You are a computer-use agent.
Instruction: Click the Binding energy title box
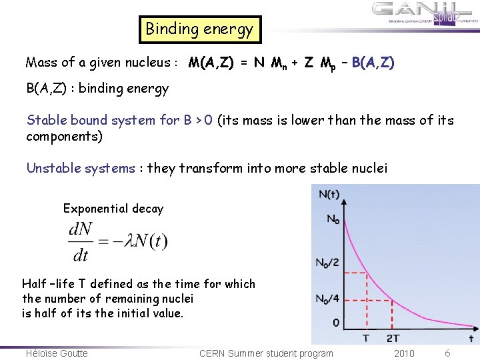(x=199, y=29)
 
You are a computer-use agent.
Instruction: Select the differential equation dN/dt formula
(x=117, y=241)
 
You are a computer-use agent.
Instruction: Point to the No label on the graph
(x=333, y=218)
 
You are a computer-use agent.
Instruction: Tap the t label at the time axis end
(x=471, y=339)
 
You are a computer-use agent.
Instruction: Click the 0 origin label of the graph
(x=335, y=323)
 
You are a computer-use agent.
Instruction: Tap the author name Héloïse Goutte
(x=57, y=353)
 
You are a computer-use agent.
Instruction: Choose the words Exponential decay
(x=113, y=209)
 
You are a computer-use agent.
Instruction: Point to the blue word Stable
(x=46, y=120)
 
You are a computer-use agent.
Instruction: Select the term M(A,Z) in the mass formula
(x=211, y=63)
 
